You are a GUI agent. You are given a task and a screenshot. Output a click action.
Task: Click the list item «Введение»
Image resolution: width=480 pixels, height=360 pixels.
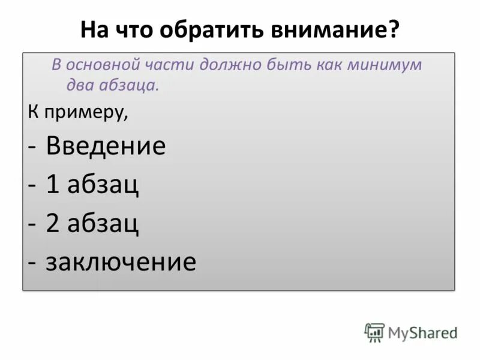click(x=106, y=146)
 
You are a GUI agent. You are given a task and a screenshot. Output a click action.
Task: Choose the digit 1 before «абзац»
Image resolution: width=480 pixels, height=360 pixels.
click(x=53, y=185)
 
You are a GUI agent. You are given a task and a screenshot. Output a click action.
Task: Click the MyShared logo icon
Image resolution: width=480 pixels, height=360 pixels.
click(x=374, y=332)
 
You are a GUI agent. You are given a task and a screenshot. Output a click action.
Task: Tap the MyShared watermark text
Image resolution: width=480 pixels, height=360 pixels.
click(x=422, y=332)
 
